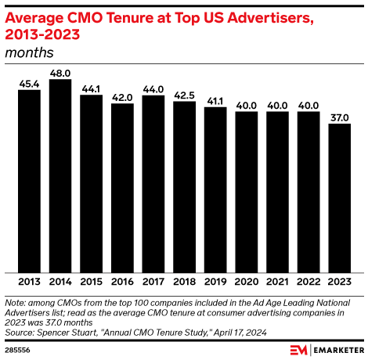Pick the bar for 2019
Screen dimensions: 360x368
pyautogui.click(x=215, y=189)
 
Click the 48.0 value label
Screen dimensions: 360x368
pyautogui.click(x=60, y=73)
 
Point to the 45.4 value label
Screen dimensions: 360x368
pyautogui.click(x=29, y=83)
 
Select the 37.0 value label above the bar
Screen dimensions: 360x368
pyautogui.click(x=340, y=117)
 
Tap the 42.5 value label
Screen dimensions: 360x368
pyautogui.click(x=184, y=95)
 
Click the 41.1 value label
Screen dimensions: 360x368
pyautogui.click(x=215, y=100)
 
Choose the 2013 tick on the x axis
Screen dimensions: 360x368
pyautogui.click(x=29, y=282)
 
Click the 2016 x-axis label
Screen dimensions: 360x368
pyautogui.click(x=122, y=282)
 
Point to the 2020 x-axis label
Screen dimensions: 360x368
pyautogui.click(x=247, y=282)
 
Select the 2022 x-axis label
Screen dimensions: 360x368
pyautogui.click(x=308, y=282)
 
